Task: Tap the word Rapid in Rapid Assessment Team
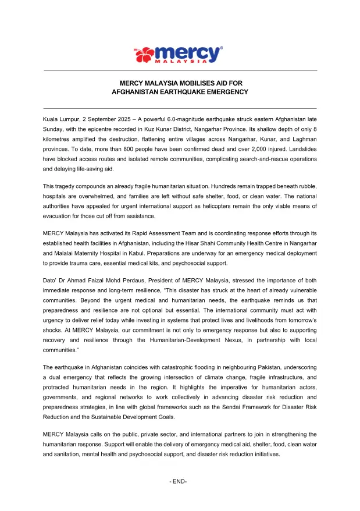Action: click(x=138, y=232)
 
